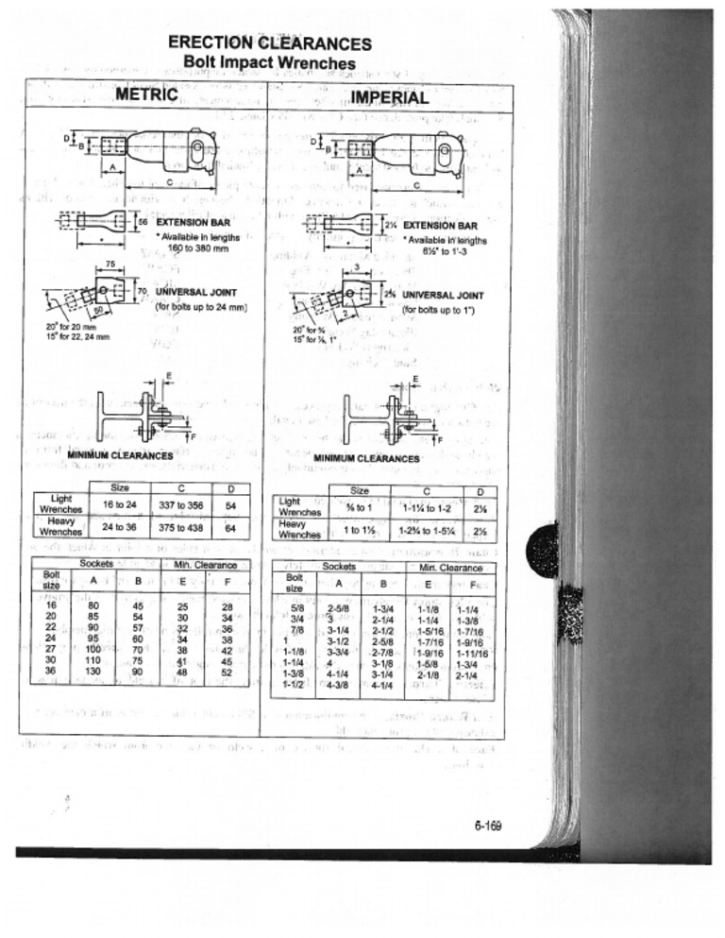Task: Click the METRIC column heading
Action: (x=146, y=95)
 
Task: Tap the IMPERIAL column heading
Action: (x=390, y=97)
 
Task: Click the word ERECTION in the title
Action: (x=211, y=43)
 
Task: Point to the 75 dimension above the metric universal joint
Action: (x=110, y=264)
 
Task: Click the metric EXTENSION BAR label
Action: (x=194, y=223)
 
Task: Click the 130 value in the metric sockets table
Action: (x=93, y=671)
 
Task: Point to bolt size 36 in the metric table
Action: (x=51, y=671)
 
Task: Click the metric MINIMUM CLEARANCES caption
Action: (x=120, y=455)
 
